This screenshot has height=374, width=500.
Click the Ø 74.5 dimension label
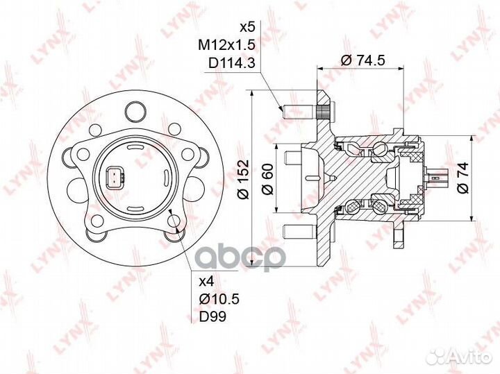[363, 60]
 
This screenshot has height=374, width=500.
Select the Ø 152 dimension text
[244, 179]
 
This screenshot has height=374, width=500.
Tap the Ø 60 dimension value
[267, 179]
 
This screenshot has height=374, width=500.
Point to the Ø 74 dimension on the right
[462, 178]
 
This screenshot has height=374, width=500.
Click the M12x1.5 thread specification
[226, 46]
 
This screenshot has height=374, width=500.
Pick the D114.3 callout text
[232, 63]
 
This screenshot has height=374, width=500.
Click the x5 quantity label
[247, 28]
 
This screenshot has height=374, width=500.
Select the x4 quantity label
[207, 282]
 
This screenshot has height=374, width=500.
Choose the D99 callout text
[212, 316]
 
